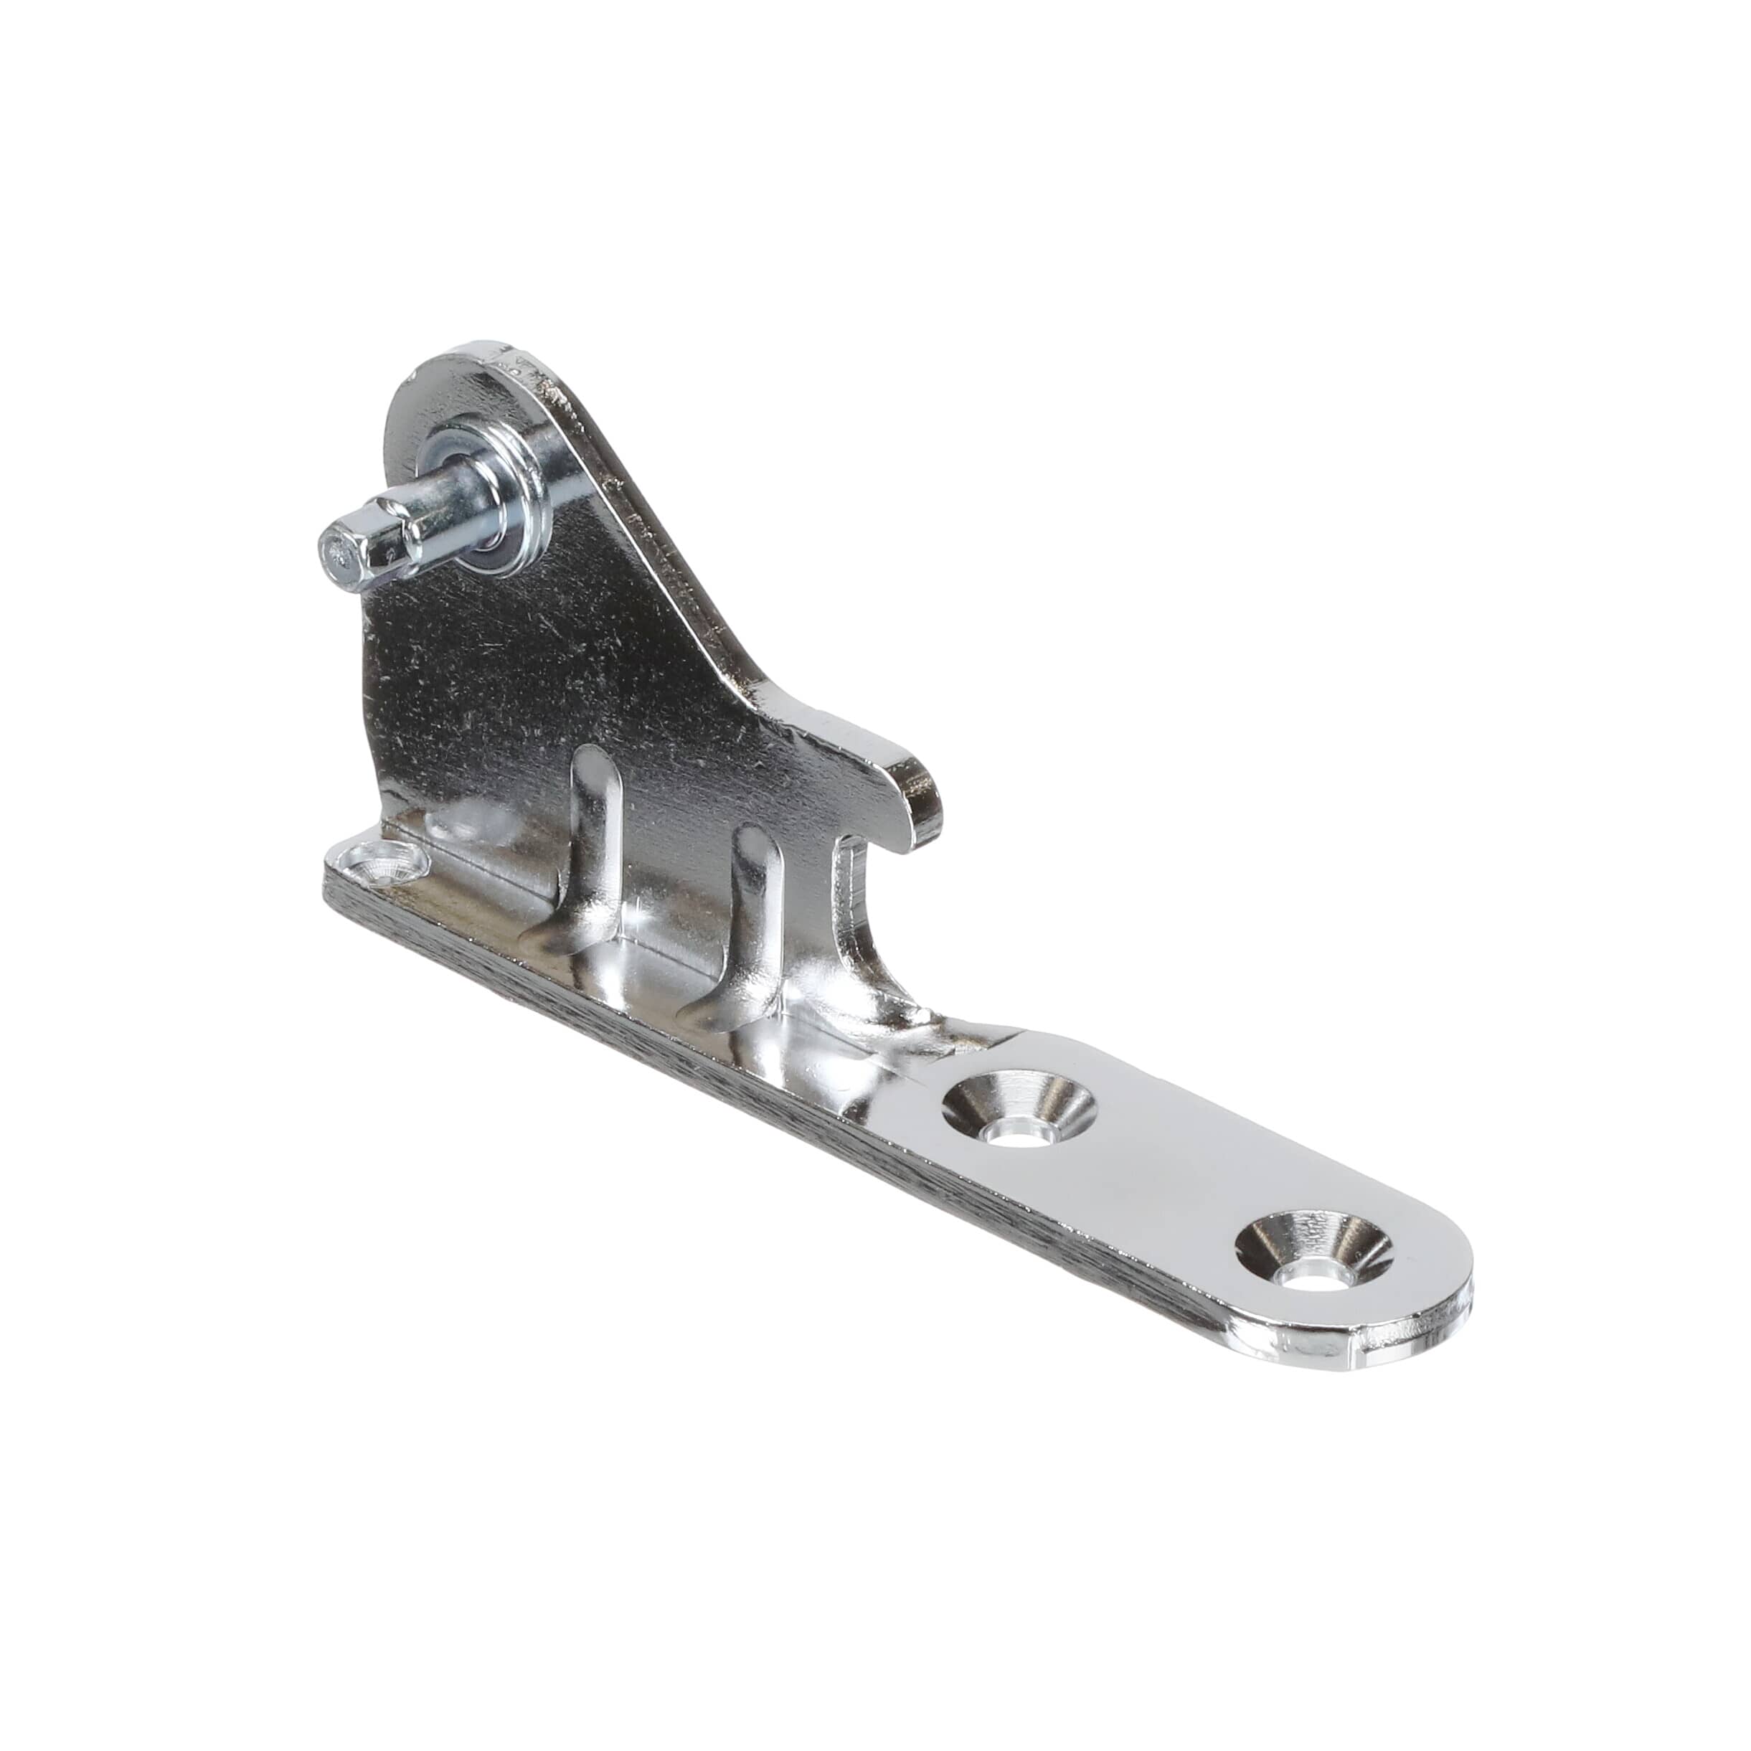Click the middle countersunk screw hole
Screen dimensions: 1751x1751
click(1017, 1108)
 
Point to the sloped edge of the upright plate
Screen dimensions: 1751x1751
click(689, 580)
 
